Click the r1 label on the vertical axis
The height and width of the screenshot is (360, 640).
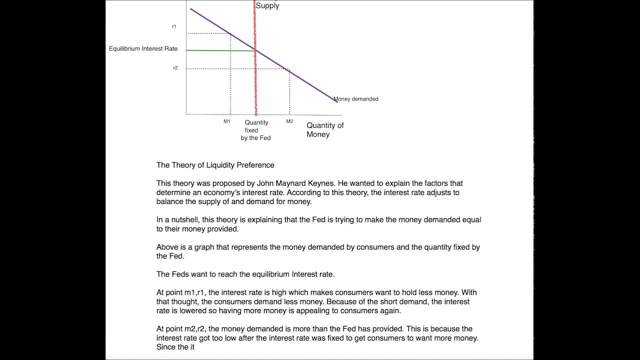174,26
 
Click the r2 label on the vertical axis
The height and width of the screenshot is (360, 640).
175,68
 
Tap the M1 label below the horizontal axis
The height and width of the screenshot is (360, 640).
227,121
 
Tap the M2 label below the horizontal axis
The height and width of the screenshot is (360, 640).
289,121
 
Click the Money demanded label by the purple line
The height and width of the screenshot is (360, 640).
356,99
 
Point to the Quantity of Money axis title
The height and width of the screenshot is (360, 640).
325,130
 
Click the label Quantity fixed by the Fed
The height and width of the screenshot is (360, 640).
256,130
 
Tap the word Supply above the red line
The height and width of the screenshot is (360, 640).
267,6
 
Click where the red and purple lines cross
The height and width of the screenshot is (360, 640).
255,50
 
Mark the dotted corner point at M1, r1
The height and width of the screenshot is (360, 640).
230,33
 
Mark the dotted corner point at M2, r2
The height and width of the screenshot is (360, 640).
289,69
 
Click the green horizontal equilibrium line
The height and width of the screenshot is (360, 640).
220,50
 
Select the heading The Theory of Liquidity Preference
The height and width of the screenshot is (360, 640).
215,165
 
